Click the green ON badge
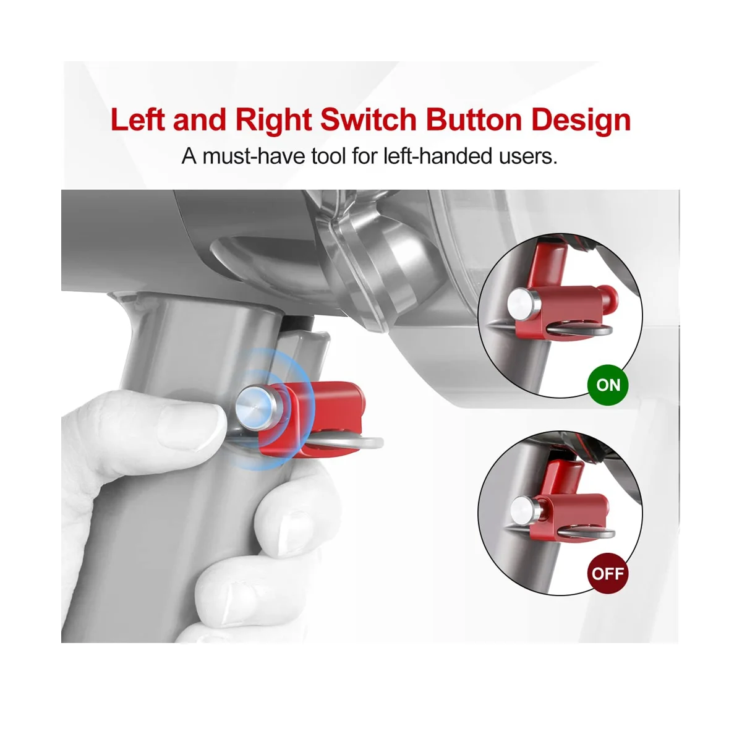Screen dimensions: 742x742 click(x=608, y=385)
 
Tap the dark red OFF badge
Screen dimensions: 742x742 click(x=608, y=573)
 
